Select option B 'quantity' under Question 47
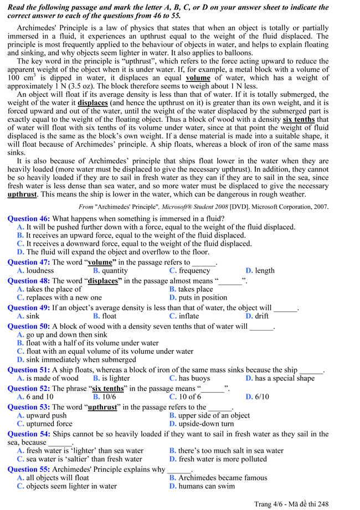point(114,271)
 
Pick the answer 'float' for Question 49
point(109,316)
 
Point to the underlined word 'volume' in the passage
point(198,78)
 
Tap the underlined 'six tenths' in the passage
point(299,119)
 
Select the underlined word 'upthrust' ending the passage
point(22,194)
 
